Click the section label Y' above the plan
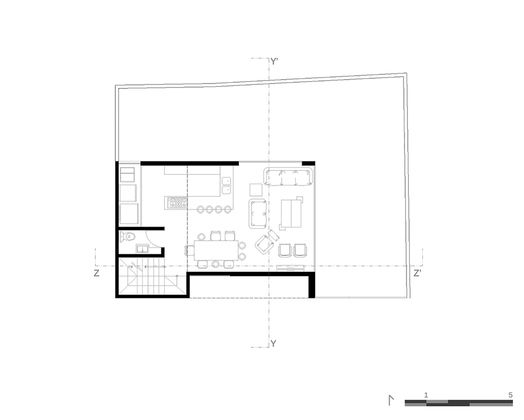pyautogui.click(x=274, y=62)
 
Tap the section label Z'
pyautogui.click(x=417, y=274)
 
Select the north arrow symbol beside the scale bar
pyautogui.click(x=391, y=400)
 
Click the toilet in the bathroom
pyautogui.click(x=128, y=237)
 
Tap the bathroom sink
pyautogui.click(x=142, y=249)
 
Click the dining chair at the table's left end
pyautogui.click(x=189, y=250)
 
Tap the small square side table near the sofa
pyautogui.click(x=256, y=190)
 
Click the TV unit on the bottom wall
pyautogui.click(x=290, y=268)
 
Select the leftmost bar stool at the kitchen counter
pyautogui.click(x=201, y=209)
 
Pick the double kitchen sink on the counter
pyautogui.click(x=226, y=185)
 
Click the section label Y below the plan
pyautogui.click(x=273, y=344)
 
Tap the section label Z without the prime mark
pyautogui.click(x=96, y=274)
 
